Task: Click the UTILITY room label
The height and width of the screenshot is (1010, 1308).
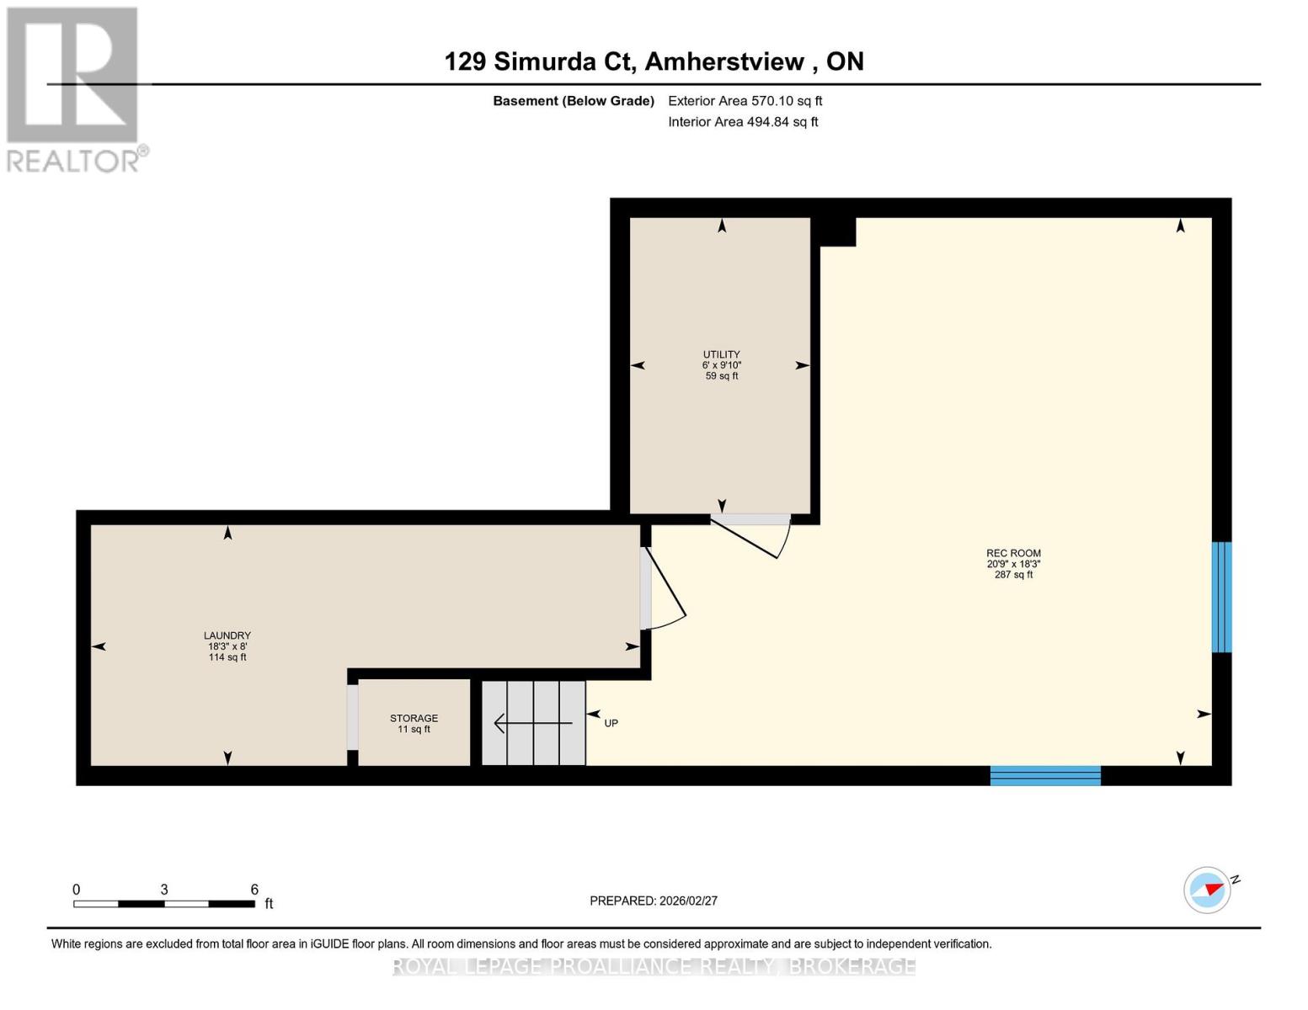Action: [721, 354]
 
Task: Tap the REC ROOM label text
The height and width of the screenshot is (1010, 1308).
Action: [1014, 554]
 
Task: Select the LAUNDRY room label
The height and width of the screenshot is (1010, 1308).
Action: [227, 635]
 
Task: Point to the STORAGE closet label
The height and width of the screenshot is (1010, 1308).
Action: [414, 718]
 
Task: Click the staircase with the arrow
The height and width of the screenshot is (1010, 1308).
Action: [533, 723]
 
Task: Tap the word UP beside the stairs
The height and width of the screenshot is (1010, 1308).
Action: [611, 724]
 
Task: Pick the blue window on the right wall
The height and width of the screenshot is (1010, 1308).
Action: [1221, 598]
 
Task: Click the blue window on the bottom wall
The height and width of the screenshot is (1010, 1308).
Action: [1045, 775]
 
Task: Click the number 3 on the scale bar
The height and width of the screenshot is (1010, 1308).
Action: [163, 889]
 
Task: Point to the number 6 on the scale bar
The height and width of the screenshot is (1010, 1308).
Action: [254, 889]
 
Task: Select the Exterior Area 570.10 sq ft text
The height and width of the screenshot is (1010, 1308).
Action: [745, 101]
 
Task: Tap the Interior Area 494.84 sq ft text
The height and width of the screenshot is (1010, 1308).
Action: [744, 122]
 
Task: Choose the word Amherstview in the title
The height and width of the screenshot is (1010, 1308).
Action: [724, 61]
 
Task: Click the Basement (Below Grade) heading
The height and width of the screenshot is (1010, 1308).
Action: [574, 101]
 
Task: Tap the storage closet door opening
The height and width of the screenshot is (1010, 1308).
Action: [353, 718]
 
